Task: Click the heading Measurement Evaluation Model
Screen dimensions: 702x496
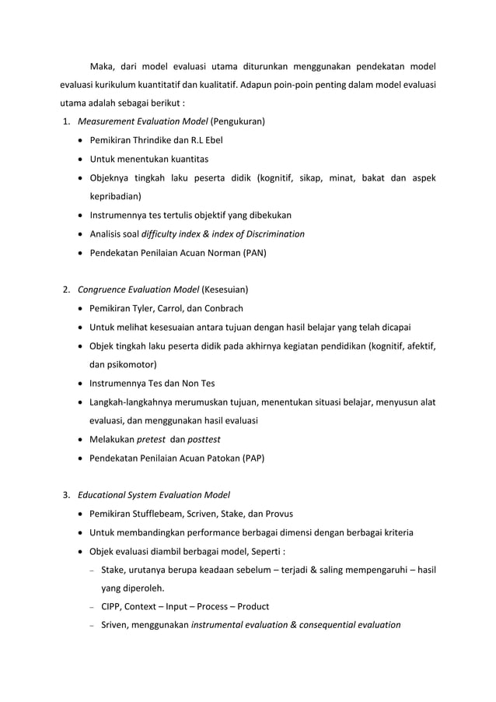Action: (x=143, y=122)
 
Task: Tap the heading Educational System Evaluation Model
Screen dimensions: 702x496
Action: (x=154, y=494)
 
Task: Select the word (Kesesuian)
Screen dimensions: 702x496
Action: (x=225, y=290)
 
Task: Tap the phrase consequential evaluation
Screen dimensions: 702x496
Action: (x=343, y=625)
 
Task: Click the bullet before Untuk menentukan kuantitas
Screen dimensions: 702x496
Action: (x=82, y=160)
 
